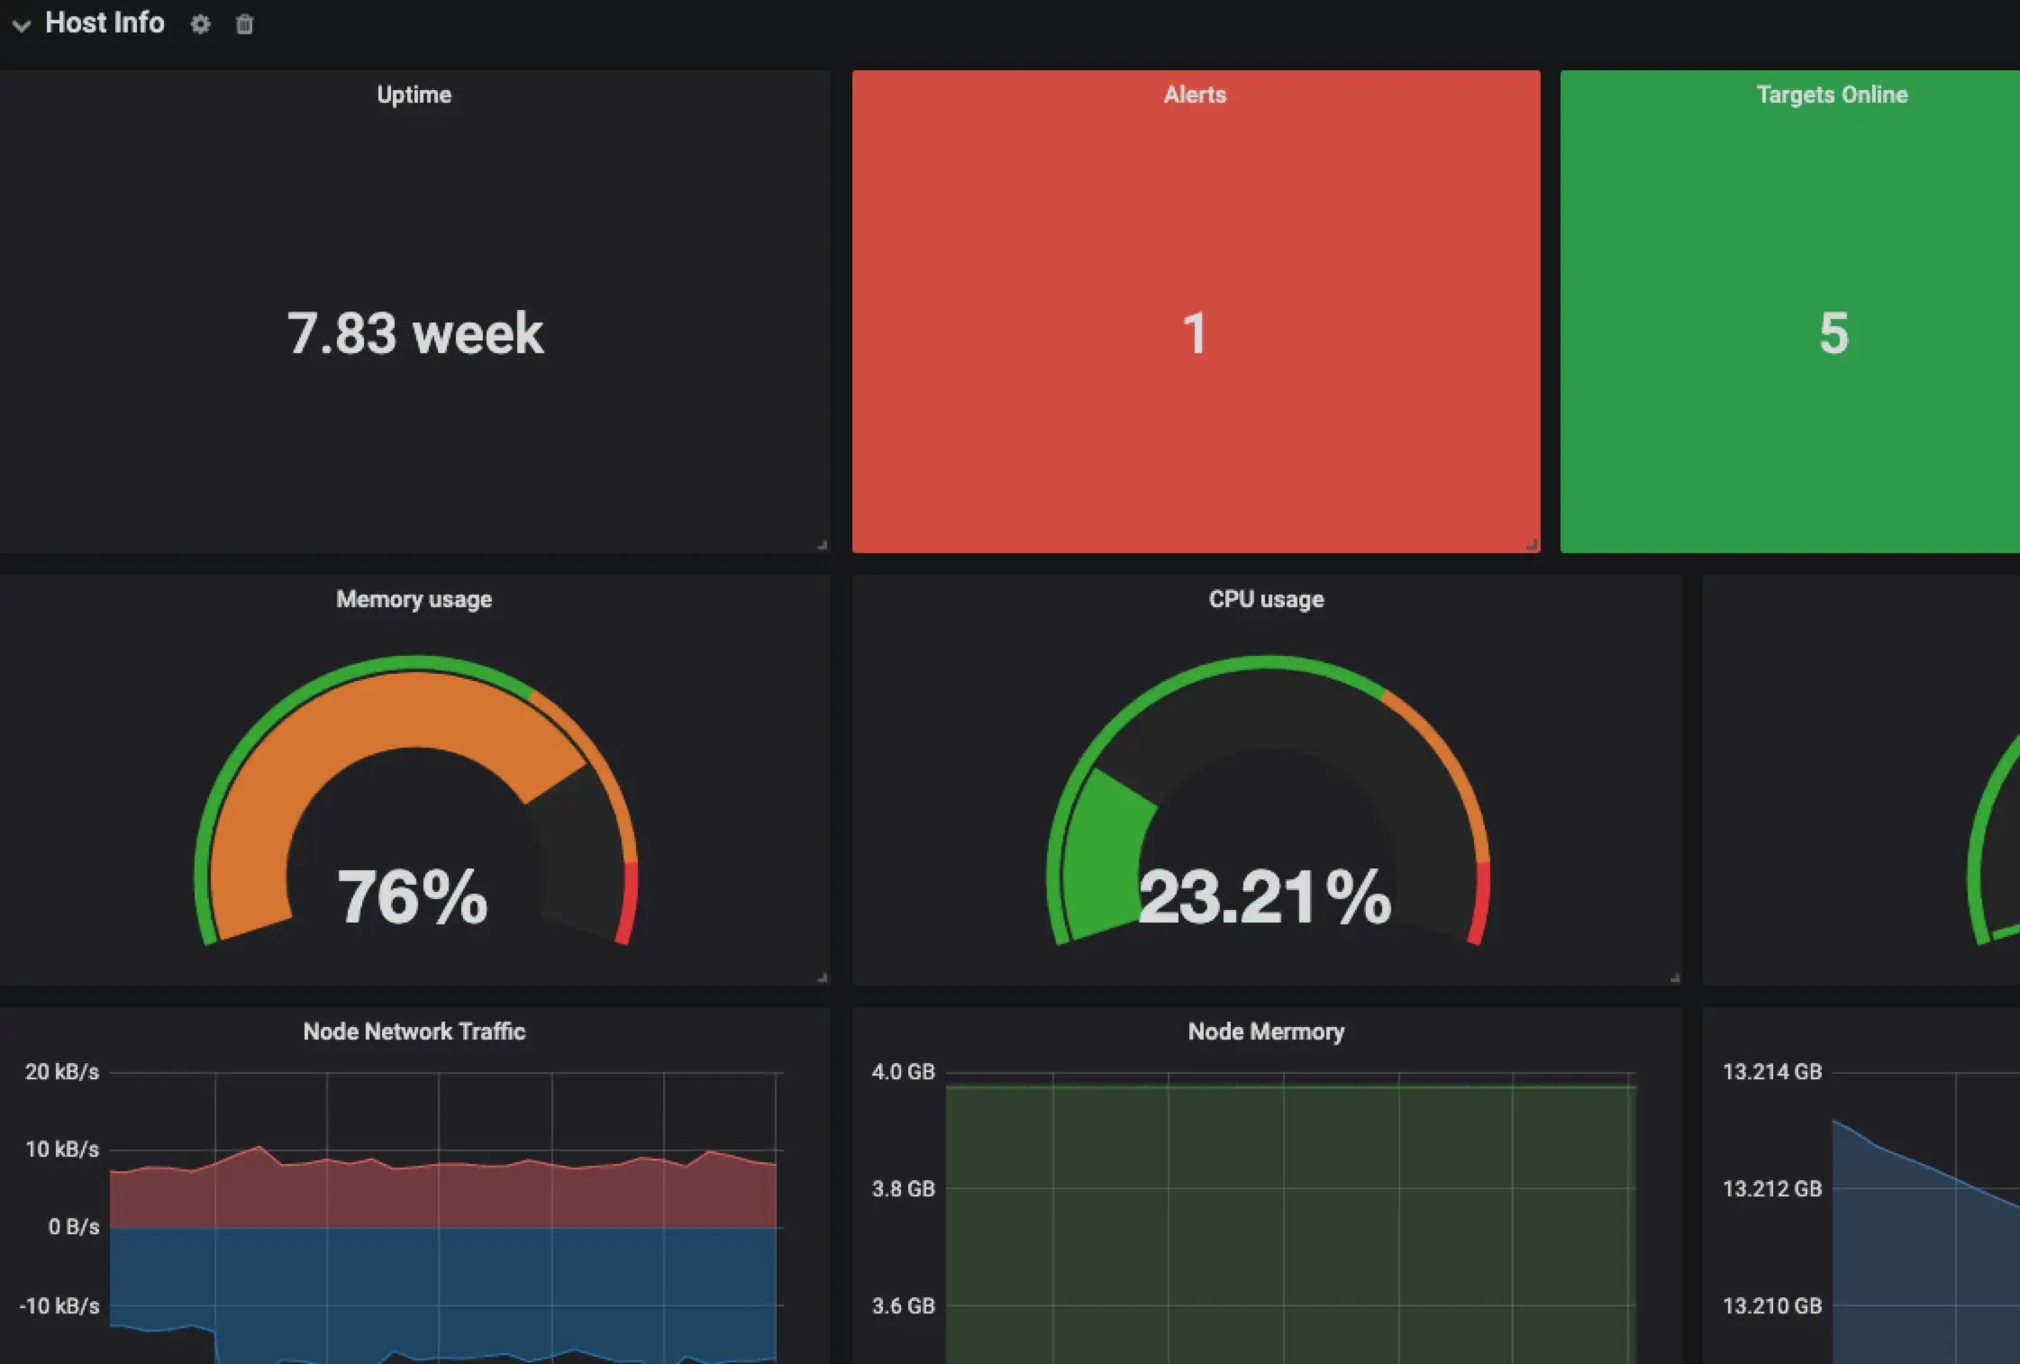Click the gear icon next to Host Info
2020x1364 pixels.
click(x=200, y=24)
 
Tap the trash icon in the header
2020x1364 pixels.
click(x=244, y=24)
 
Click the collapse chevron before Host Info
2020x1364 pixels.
click(x=22, y=25)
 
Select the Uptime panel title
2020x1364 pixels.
click(x=414, y=95)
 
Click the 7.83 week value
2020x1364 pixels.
click(x=415, y=333)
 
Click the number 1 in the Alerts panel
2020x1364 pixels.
click(x=1195, y=333)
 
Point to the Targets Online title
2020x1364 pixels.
click(x=1832, y=95)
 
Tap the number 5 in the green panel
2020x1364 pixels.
click(x=1833, y=333)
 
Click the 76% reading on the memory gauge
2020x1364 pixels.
click(x=413, y=896)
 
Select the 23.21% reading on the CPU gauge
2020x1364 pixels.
click(x=1265, y=896)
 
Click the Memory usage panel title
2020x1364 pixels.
click(x=414, y=599)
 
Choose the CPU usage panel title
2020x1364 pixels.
click(x=1266, y=599)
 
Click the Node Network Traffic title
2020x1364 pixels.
click(x=414, y=1032)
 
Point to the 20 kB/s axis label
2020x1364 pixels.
click(x=61, y=1072)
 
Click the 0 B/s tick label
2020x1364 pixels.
click(x=73, y=1227)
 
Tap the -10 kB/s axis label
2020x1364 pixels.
click(x=59, y=1305)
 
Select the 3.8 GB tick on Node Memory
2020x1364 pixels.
click(x=903, y=1189)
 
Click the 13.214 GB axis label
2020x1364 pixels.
click(x=1771, y=1072)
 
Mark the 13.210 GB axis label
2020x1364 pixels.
click(x=1771, y=1305)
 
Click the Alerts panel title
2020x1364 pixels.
click(x=1195, y=95)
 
